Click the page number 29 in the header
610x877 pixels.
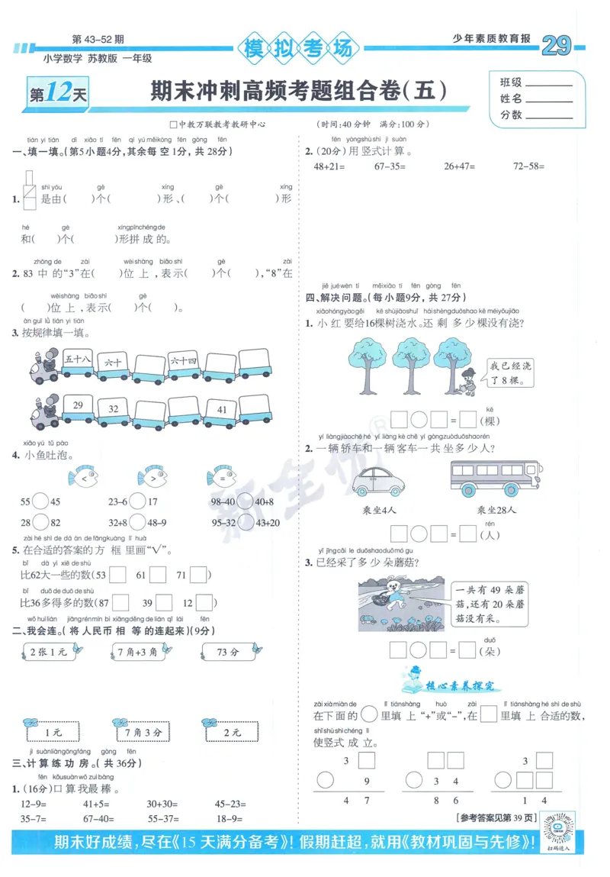pyautogui.click(x=556, y=47)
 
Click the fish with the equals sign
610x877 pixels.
pyautogui.click(x=221, y=478)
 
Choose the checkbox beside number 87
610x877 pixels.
pyautogui.click(x=120, y=602)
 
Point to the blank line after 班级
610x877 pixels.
pyautogui.click(x=547, y=83)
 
